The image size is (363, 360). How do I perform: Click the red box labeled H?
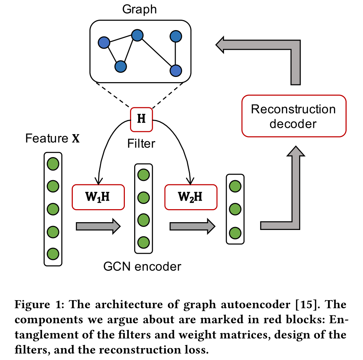141,119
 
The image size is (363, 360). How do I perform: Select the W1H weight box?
98,197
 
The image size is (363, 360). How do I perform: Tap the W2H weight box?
191,197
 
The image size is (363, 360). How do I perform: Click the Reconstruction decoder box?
294,116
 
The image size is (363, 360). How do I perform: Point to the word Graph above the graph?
139,9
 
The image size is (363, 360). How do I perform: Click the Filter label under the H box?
141,143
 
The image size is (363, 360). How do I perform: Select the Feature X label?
52,139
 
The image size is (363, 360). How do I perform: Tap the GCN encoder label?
143,266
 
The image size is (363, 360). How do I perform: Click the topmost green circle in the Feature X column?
53,163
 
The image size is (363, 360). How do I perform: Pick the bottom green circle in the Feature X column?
53,254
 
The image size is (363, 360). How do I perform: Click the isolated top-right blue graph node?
175,36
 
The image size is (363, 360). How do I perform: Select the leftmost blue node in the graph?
104,42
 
